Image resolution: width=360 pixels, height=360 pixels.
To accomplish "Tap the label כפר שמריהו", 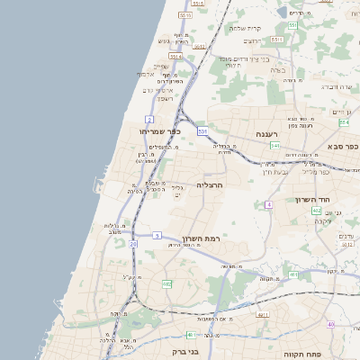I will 161,131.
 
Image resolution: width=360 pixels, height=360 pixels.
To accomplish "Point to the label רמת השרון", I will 202,238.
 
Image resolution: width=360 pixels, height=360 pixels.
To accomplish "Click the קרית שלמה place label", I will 244,28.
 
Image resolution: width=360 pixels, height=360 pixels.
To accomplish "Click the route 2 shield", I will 149,118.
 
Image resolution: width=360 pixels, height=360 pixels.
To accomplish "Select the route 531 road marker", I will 203,131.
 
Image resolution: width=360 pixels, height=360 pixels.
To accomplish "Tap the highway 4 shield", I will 268,205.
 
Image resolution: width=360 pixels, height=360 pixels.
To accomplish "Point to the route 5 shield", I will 156,235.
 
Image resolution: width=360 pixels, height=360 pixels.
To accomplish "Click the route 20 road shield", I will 133,243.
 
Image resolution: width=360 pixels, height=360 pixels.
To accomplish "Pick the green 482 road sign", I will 166,284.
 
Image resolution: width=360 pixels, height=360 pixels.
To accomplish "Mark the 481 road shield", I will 191,335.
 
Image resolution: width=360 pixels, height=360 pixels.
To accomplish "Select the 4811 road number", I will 263,315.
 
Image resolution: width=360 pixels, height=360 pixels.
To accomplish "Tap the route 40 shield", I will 330,324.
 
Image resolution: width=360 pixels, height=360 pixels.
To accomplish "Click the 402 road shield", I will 317,211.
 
